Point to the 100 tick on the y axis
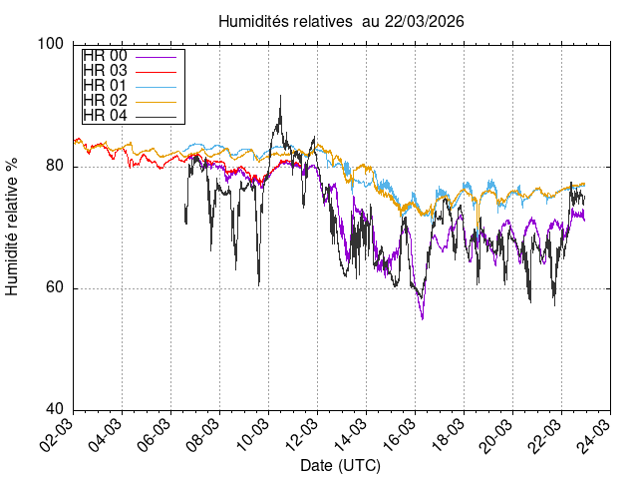pyautogui.click(x=52, y=44)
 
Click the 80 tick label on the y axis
pyautogui.click(x=56, y=167)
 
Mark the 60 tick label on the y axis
pyautogui.click(x=56, y=288)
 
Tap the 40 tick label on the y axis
pyautogui.click(x=56, y=410)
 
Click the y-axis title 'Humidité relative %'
pyautogui.click(x=13, y=227)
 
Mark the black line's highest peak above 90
pyautogui.click(x=281, y=97)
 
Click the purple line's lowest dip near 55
pyautogui.click(x=423, y=318)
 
